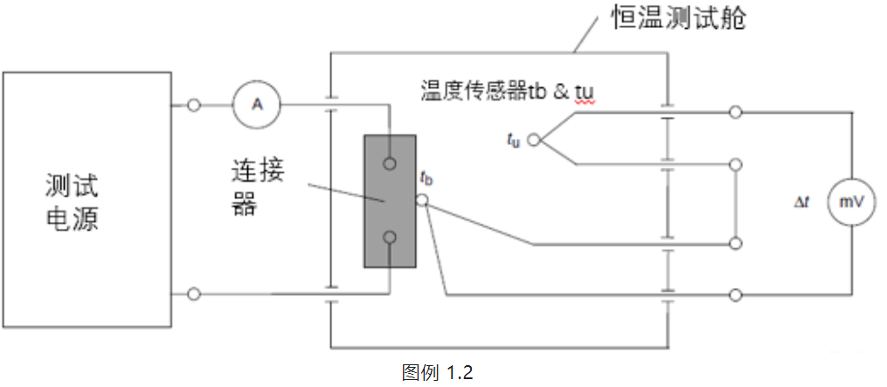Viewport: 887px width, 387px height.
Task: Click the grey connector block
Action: pos(389,200)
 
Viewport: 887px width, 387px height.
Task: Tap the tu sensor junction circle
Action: pos(535,138)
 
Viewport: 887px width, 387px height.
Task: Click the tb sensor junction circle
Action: pos(422,200)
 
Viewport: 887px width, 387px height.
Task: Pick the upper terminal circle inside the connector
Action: pos(390,162)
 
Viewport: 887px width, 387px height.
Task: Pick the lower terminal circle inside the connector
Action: pos(390,238)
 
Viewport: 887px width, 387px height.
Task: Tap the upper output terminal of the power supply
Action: pos(193,106)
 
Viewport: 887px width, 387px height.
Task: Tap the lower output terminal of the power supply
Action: pos(193,294)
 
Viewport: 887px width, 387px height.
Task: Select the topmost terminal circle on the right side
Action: pos(736,112)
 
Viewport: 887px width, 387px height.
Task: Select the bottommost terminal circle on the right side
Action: pos(736,294)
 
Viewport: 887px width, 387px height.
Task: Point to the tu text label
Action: pos(513,139)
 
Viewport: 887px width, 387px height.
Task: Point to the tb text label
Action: pos(426,179)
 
